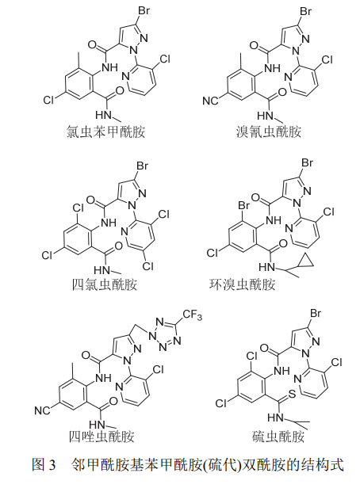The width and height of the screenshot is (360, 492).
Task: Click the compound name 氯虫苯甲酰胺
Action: pyautogui.click(x=105, y=132)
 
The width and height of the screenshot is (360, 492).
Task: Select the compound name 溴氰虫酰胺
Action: pyautogui.click(x=269, y=132)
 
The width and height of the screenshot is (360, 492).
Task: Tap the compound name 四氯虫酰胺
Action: pyautogui.click(x=105, y=284)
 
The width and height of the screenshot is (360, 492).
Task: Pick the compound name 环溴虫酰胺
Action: pyautogui.click(x=242, y=284)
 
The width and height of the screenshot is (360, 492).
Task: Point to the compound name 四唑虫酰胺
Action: pyautogui.click(x=101, y=437)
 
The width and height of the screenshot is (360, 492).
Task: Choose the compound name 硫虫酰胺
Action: pyautogui.click(x=278, y=437)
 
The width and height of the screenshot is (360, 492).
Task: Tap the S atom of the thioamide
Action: pyautogui.click(x=292, y=394)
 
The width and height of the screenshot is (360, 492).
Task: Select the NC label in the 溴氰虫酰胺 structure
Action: pyautogui.click(x=210, y=101)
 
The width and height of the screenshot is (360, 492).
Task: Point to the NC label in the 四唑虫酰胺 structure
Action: pyautogui.click(x=42, y=410)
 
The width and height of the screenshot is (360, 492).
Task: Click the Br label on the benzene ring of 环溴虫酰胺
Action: pyautogui.click(x=243, y=205)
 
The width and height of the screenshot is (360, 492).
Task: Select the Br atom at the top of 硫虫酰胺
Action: pyautogui.click(x=316, y=313)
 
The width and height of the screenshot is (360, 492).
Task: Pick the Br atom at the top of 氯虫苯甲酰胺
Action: pyautogui.click(x=144, y=11)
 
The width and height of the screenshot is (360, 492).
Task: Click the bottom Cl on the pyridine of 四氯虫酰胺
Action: pyautogui.click(x=147, y=266)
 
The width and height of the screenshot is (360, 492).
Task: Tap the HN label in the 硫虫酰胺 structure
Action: pyautogui.click(x=275, y=418)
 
